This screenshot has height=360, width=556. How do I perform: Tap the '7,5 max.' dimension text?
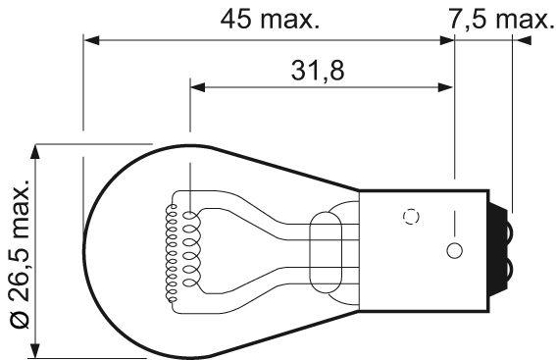492,19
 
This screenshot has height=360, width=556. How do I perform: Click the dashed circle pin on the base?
412,218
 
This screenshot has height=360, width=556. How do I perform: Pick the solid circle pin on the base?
452,250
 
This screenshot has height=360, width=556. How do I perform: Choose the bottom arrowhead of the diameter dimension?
37,352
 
